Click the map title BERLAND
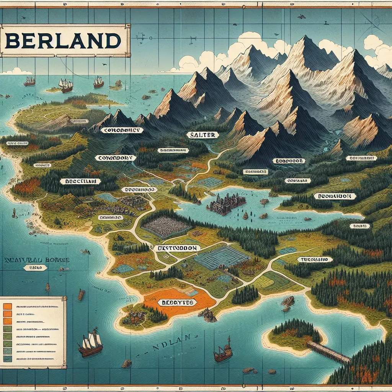pos(64,41)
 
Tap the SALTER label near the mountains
pos(203,135)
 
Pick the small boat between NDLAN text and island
pos(222,351)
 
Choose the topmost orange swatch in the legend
pos(7,306)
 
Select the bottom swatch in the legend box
pos(7,358)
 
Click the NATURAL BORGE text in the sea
pos(37,260)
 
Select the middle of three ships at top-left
pos(65,85)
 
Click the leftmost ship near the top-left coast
pos(29,81)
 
